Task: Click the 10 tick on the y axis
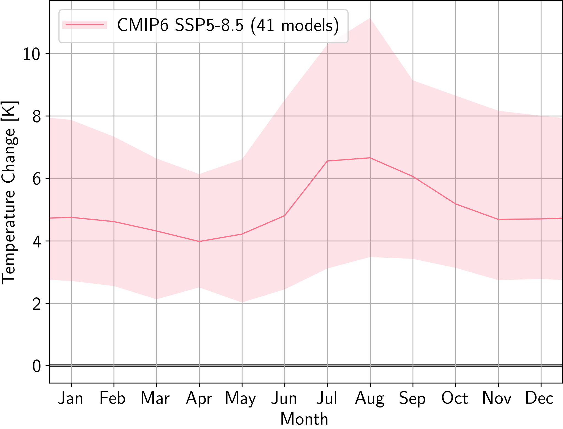(x=31, y=54)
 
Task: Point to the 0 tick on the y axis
(x=37, y=366)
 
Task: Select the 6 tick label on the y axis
(x=37, y=179)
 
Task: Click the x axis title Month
(x=304, y=419)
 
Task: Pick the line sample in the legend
(x=85, y=25)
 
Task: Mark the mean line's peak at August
(x=370, y=158)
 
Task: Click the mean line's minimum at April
(x=199, y=241)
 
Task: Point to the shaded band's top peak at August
(x=370, y=18)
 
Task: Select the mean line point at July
(x=327, y=161)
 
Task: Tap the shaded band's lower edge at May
(x=242, y=302)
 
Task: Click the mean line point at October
(x=456, y=204)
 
